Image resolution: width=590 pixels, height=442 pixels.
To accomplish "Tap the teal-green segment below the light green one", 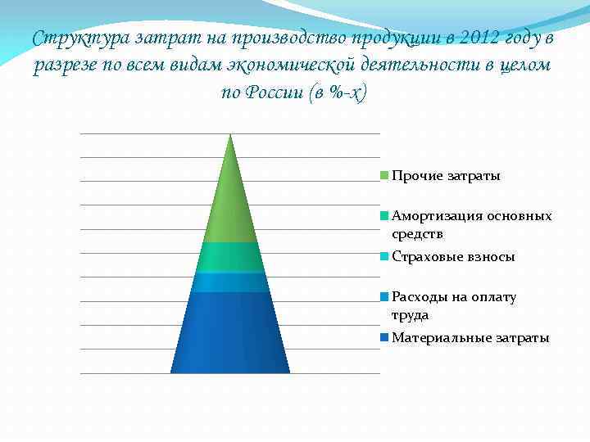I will (230, 257).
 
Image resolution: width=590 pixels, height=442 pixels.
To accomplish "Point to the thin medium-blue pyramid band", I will (230, 282).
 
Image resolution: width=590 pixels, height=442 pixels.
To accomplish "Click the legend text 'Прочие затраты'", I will (446, 176).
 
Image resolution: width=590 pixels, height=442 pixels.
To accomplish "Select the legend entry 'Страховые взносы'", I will (453, 256).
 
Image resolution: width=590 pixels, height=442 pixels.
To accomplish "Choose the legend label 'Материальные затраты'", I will (470, 337).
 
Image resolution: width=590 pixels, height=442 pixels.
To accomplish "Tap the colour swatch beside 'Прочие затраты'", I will (384, 176).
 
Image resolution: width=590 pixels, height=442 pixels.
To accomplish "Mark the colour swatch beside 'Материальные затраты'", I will (384, 337).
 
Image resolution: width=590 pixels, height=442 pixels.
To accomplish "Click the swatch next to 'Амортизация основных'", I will (384, 216).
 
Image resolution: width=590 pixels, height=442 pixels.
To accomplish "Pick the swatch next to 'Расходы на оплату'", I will (384, 296).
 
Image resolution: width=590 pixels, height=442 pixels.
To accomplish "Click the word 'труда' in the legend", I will (410, 314).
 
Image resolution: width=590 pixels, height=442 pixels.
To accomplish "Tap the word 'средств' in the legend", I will (417, 234).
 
